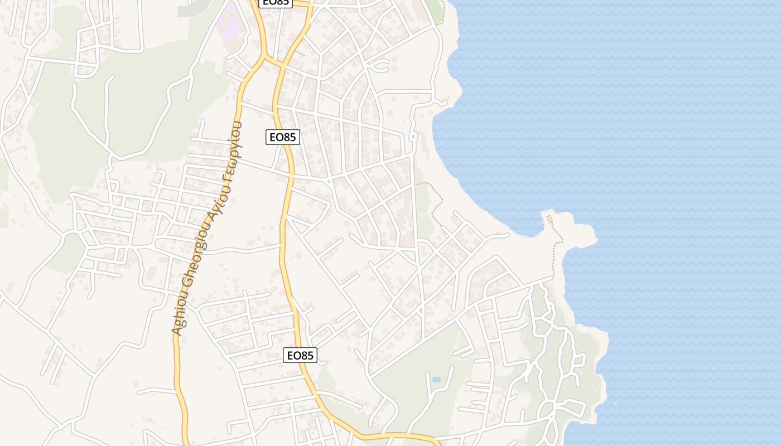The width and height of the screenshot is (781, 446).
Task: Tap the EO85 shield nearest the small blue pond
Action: coord(300,355)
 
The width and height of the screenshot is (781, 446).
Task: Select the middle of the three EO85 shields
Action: coord(283,137)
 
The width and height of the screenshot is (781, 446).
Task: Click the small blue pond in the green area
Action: coord(436,379)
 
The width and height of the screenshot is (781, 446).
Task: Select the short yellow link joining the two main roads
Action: coord(274,60)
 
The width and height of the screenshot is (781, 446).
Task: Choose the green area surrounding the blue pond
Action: coord(418,385)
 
